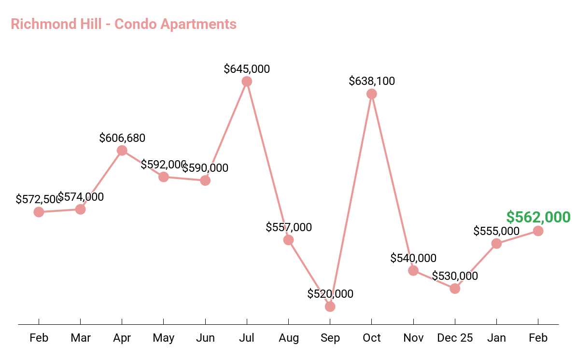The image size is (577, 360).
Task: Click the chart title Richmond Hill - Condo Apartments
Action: pyautogui.click(x=124, y=24)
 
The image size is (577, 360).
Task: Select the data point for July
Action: pyautogui.click(x=247, y=82)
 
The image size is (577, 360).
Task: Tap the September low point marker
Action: pyautogui.click(x=330, y=306)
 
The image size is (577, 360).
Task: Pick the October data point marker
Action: pyautogui.click(x=371, y=94)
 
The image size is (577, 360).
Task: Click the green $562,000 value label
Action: pyautogui.click(x=538, y=217)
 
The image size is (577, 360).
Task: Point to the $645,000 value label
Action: pyautogui.click(x=247, y=69)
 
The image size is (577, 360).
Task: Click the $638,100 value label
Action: pyautogui.click(x=372, y=81)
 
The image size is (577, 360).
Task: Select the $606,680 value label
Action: pyautogui.click(x=122, y=138)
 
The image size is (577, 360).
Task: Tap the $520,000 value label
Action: pyautogui.click(x=330, y=294)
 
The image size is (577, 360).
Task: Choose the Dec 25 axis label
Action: pyautogui.click(x=455, y=338)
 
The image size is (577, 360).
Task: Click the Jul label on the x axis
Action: pyautogui.click(x=247, y=338)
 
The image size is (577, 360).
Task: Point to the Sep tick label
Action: pyautogui.click(x=330, y=338)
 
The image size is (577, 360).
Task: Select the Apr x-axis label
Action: pyautogui.click(x=122, y=338)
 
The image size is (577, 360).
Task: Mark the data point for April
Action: pyautogui.click(x=122, y=151)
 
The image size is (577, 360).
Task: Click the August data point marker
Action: pyautogui.click(x=288, y=240)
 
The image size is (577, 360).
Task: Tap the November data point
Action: pyautogui.click(x=413, y=270)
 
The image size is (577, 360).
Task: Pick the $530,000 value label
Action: pyautogui.click(x=455, y=276)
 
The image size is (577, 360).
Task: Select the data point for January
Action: pyautogui.click(x=496, y=243)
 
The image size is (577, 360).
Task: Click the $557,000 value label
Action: pyautogui.click(x=289, y=227)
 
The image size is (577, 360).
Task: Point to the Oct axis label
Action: pyautogui.click(x=372, y=338)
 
